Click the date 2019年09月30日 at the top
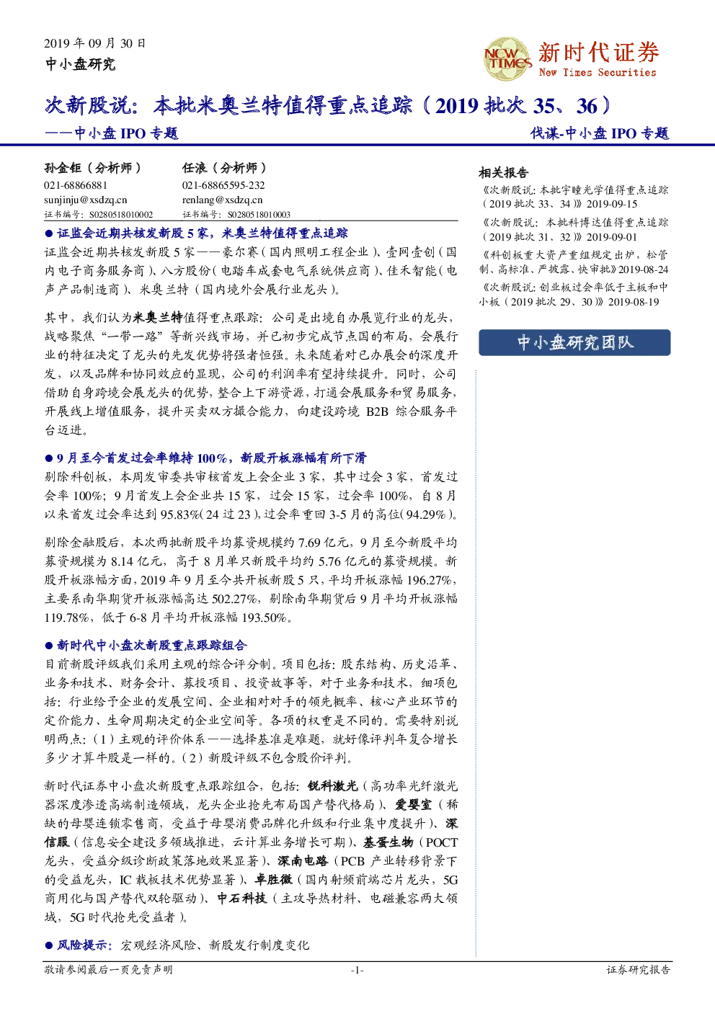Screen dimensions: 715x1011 tap(95, 43)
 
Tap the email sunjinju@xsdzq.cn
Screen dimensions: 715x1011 tap(86, 200)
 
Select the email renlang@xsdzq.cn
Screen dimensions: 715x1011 tap(222, 200)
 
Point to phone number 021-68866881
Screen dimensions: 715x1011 tap(76, 185)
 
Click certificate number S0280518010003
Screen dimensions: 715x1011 tap(259, 215)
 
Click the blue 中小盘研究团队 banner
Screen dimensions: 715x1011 tap(574, 342)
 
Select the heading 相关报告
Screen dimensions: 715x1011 tap(503, 172)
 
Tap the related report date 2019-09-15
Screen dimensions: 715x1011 tap(612, 204)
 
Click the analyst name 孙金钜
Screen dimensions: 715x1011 tap(63, 168)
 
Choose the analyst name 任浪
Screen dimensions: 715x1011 tap(195, 168)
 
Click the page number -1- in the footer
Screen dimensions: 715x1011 tap(357, 970)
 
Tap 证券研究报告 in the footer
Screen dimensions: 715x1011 tap(639, 969)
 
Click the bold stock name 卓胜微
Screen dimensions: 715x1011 tap(274, 879)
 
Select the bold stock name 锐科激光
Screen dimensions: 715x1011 tap(333, 785)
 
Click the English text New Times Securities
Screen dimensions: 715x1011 tap(598, 72)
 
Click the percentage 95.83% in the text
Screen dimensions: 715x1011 tap(180, 515)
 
